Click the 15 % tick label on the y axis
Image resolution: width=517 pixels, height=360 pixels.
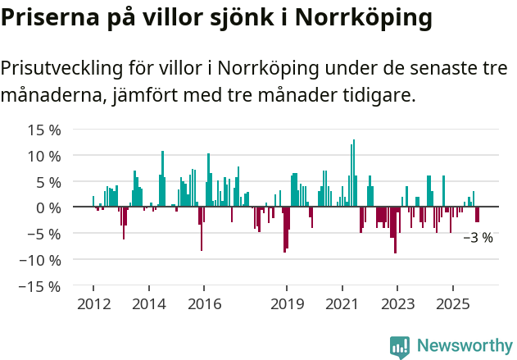pyautogui.click(x=44, y=130)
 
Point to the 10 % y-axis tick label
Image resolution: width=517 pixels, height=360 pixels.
pyautogui.click(x=44, y=156)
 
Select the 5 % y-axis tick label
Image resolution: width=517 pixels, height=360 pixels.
pyautogui.click(x=48, y=182)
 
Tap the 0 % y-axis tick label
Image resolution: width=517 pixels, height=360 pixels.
pyautogui.click(x=48, y=207)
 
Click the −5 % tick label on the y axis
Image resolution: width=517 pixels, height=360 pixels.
pyautogui.click(x=44, y=234)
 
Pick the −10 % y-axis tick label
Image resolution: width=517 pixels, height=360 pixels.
pyautogui.click(x=41, y=260)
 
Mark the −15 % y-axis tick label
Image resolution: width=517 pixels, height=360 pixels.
pyautogui.click(x=41, y=286)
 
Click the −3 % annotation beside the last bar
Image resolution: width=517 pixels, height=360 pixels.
pyautogui.click(x=478, y=238)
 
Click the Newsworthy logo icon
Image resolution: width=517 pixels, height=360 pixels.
pyautogui.click(x=400, y=347)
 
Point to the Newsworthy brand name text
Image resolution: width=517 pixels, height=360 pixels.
pyautogui.click(x=465, y=347)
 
